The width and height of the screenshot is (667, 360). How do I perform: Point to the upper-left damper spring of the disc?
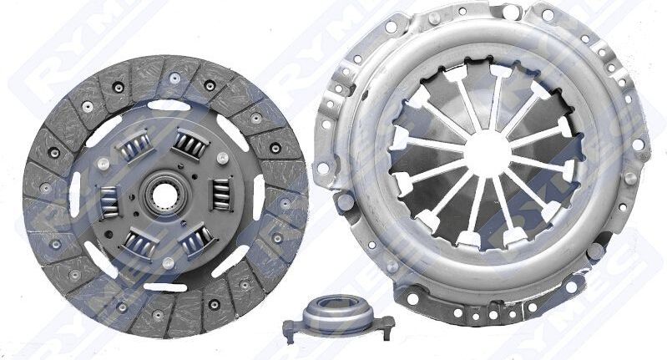[x=133, y=150]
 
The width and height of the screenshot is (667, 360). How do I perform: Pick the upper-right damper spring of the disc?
[x=189, y=146]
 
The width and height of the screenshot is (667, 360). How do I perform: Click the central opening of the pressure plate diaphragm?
[x=485, y=155]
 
